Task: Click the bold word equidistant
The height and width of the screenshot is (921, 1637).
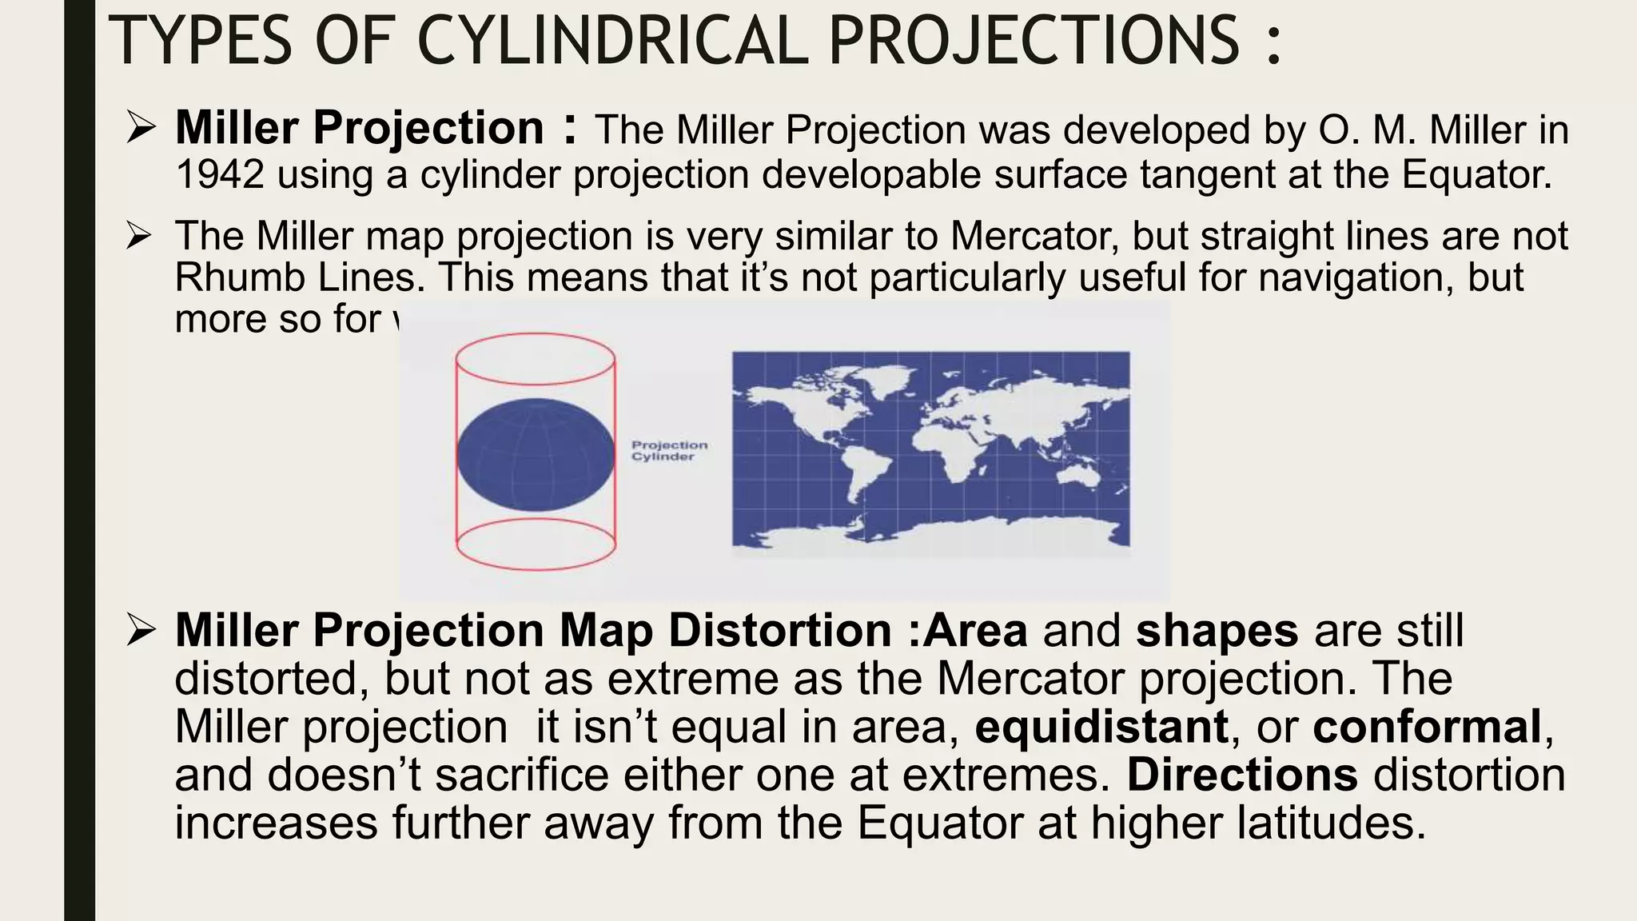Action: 1101,727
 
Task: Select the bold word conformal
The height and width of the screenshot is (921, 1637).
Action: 1427,727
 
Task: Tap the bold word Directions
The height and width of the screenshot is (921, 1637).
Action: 1242,775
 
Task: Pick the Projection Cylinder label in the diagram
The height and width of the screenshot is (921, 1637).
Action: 669,451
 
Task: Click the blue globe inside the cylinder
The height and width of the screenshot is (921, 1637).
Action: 536,455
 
